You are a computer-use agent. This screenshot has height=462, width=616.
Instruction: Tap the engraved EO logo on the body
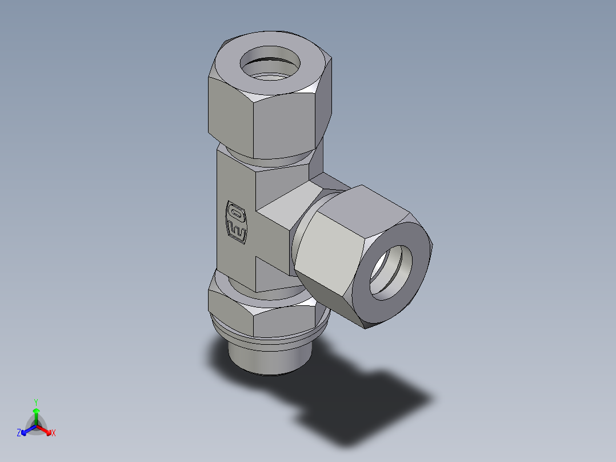pyautogui.click(x=237, y=220)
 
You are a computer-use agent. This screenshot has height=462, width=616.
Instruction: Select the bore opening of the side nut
pyautogui.click(x=391, y=273)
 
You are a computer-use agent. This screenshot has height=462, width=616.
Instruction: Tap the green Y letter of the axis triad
pyautogui.click(x=35, y=402)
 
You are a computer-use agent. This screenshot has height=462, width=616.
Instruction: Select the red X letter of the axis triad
pyautogui.click(x=54, y=433)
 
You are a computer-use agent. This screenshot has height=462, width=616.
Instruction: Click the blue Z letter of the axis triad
pyautogui.click(x=19, y=433)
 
